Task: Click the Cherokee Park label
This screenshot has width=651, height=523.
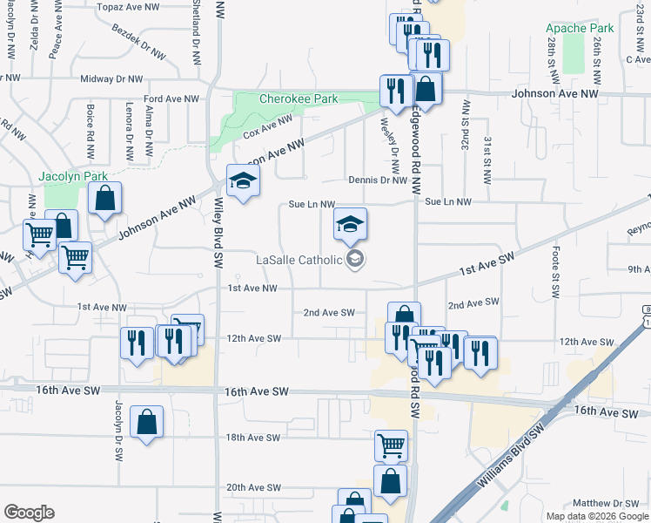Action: tap(299, 98)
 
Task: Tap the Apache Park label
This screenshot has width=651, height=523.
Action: tap(581, 28)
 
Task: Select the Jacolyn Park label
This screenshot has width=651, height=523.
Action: tap(73, 176)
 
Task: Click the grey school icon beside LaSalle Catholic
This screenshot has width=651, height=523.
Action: tap(354, 259)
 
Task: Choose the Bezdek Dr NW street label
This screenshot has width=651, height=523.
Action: tap(138, 40)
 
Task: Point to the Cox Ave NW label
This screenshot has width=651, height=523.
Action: tap(267, 127)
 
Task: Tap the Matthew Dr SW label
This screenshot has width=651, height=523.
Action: tap(606, 503)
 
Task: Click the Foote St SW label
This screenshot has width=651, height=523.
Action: tap(554, 269)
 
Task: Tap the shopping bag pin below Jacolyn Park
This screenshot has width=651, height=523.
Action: tap(104, 200)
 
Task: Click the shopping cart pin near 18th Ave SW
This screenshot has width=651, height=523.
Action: tap(391, 446)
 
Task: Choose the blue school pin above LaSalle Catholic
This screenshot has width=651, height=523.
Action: tap(351, 225)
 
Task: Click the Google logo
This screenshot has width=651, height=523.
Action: tap(29, 513)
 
